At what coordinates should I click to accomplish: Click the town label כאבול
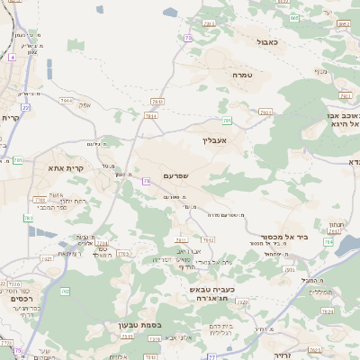(x=267, y=41)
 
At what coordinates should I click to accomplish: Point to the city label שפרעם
(x=175, y=175)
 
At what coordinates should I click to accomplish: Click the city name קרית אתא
(x=66, y=167)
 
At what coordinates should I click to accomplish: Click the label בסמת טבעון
(x=138, y=325)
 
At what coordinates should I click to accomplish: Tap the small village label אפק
(x=85, y=105)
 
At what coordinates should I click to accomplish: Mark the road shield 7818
(x=157, y=103)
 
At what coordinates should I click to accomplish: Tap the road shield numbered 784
(x=328, y=242)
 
